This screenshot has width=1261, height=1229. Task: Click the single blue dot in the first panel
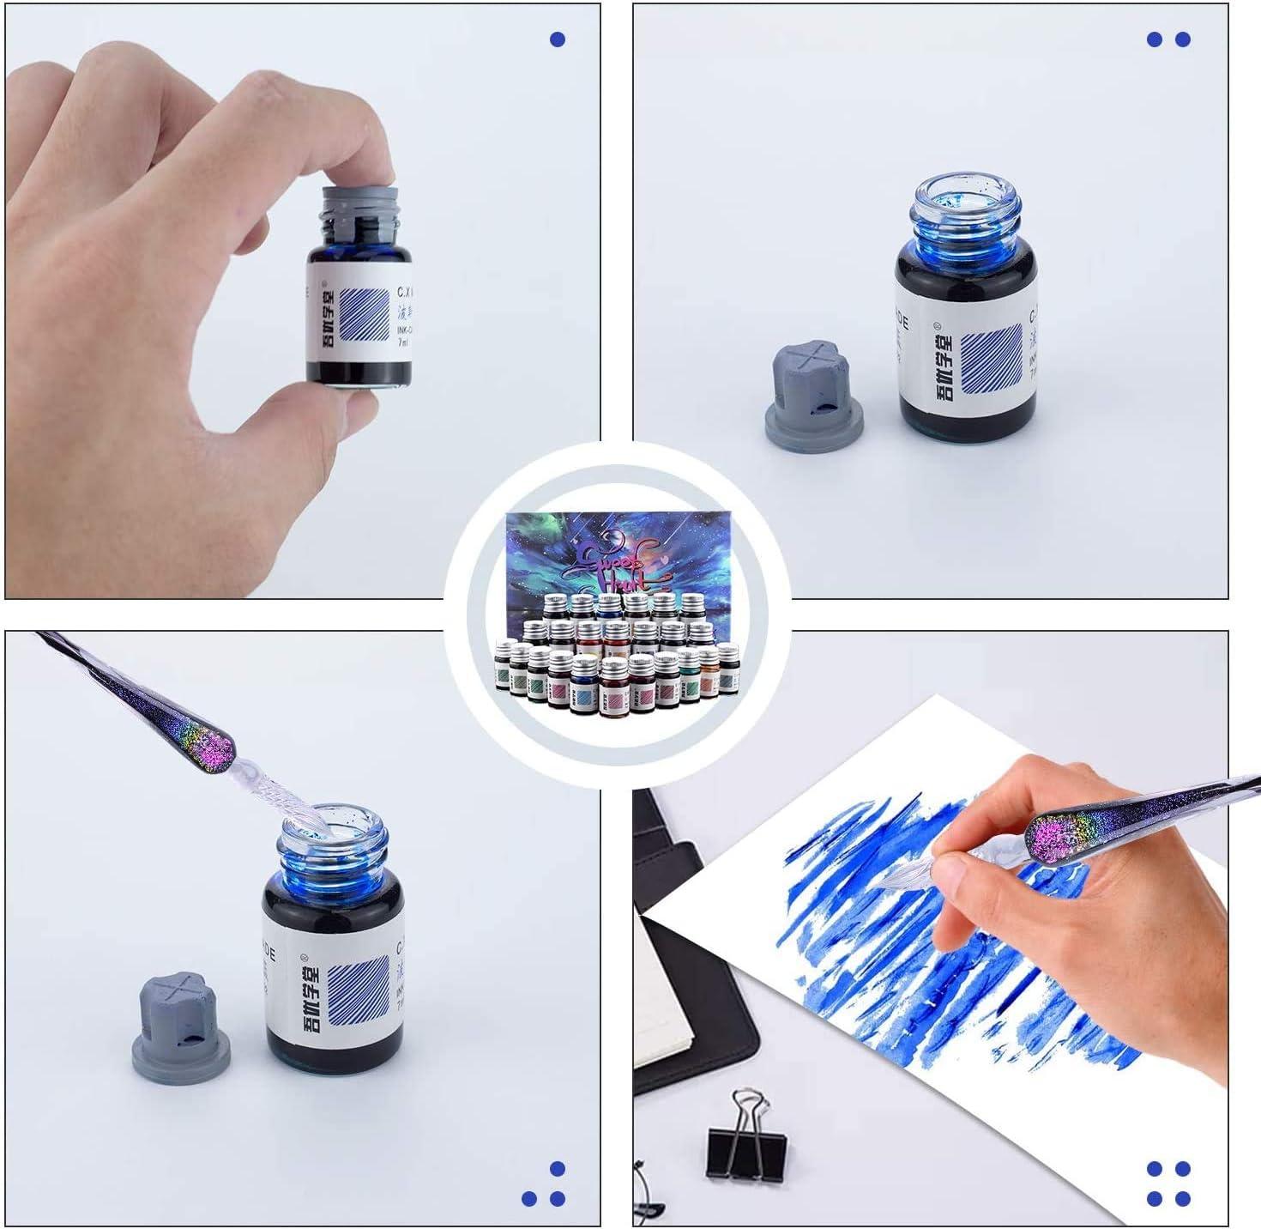[558, 39]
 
